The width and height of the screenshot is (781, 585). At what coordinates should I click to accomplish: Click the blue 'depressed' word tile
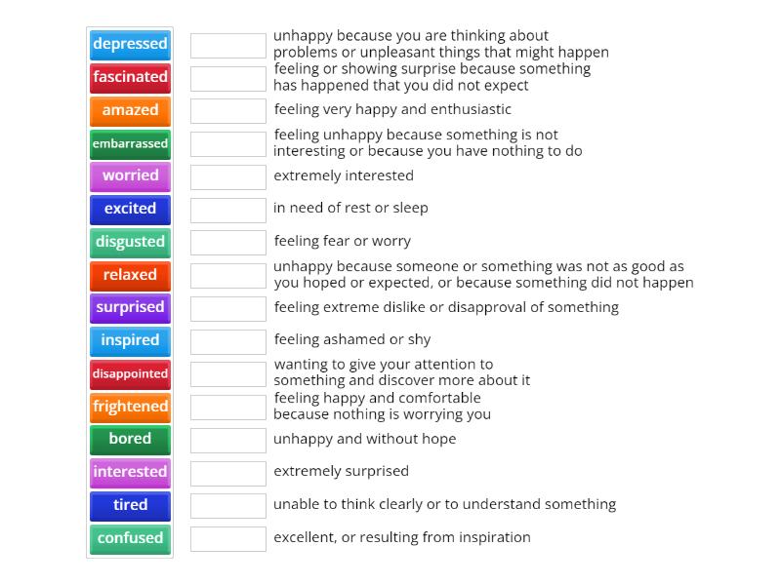pyautogui.click(x=130, y=45)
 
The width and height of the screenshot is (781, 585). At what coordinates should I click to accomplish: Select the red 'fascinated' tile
pyautogui.click(x=130, y=78)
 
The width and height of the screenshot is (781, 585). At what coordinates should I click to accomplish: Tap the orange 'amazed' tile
pyautogui.click(x=130, y=111)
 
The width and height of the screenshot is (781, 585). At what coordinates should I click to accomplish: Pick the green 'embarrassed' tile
pyautogui.click(x=130, y=144)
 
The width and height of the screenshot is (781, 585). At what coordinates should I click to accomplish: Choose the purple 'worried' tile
pyautogui.click(x=130, y=176)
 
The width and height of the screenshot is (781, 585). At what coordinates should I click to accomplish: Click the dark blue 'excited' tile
pyautogui.click(x=130, y=210)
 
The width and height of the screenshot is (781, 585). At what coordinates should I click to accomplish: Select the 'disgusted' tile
pyautogui.click(x=130, y=243)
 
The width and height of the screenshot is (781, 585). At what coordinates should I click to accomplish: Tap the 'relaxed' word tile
pyautogui.click(x=130, y=276)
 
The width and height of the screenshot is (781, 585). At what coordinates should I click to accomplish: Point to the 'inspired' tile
pyautogui.click(x=130, y=341)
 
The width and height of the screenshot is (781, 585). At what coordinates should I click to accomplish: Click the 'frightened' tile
pyautogui.click(x=130, y=408)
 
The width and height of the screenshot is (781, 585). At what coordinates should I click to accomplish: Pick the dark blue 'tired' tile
pyautogui.click(x=130, y=506)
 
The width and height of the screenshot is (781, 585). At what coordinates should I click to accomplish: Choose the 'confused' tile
pyautogui.click(x=130, y=539)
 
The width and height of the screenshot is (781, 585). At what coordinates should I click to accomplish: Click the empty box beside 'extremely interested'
pyautogui.click(x=228, y=177)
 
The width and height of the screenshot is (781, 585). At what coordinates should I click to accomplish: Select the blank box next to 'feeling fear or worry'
pyautogui.click(x=228, y=243)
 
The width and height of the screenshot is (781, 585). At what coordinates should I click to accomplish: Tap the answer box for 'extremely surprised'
pyautogui.click(x=228, y=474)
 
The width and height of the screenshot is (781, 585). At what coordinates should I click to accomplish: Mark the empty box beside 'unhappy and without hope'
pyautogui.click(x=228, y=441)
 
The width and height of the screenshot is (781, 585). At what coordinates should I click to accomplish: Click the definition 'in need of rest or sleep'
pyautogui.click(x=350, y=208)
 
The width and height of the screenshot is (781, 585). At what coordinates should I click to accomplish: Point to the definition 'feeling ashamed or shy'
pyautogui.click(x=352, y=339)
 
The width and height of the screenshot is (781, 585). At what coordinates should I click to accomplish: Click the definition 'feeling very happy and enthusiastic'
pyautogui.click(x=392, y=109)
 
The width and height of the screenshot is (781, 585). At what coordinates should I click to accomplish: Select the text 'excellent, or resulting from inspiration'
pyautogui.click(x=402, y=537)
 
